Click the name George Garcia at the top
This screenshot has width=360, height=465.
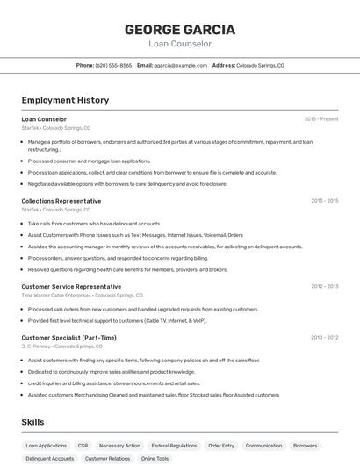click(x=180, y=29)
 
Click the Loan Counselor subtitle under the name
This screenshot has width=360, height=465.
click(x=180, y=43)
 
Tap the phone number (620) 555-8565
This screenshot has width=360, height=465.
click(x=114, y=65)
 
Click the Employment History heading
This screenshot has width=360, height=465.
click(x=65, y=100)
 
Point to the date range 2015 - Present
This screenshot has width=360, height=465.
click(x=321, y=118)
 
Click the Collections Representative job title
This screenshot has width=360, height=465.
click(x=61, y=201)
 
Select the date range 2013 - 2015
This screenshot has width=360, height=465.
click(x=324, y=201)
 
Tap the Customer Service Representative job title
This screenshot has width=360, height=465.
click(x=71, y=286)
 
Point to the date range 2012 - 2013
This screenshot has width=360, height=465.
click(x=324, y=286)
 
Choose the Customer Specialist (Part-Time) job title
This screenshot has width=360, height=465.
click(x=68, y=337)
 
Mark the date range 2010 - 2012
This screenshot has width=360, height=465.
click(x=324, y=337)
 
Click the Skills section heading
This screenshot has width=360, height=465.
click(x=32, y=422)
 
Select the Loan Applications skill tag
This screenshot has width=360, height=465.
click(x=46, y=446)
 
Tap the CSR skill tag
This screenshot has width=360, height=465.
click(x=83, y=446)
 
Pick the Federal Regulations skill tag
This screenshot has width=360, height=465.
click(x=174, y=446)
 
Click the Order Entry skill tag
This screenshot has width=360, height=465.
click(x=221, y=446)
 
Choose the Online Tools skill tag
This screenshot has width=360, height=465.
click(x=155, y=459)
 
